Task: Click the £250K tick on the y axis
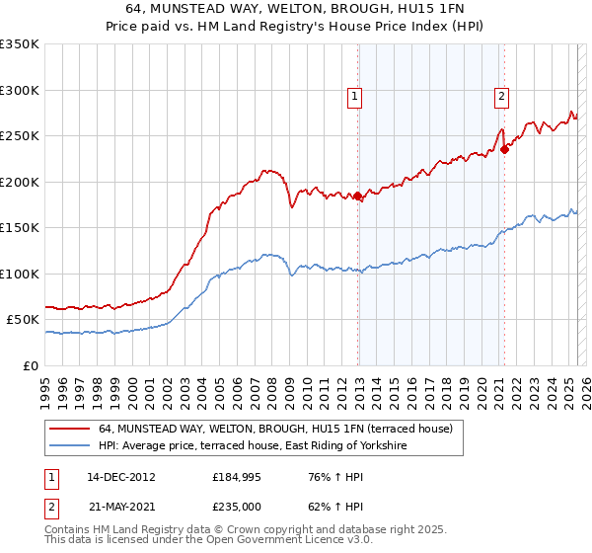click(20, 136)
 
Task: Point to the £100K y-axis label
click(20, 274)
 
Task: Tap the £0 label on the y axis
click(29, 365)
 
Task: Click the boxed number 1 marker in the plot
click(354, 97)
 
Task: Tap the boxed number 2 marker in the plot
click(501, 97)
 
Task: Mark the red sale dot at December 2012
click(357, 197)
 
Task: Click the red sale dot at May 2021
click(504, 150)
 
